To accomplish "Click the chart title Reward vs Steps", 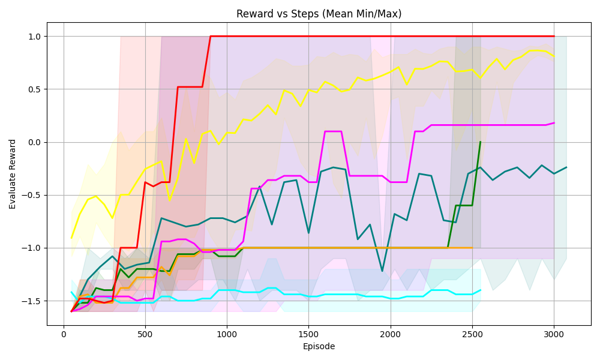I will tap(319, 14).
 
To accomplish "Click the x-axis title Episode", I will tap(319, 346).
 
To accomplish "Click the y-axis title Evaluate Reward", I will tap(13, 174).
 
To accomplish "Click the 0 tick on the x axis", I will tap(64, 334).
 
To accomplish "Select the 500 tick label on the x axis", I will tap(145, 334).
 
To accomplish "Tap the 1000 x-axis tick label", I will tap(227, 334).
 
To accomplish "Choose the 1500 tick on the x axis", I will tap(308, 334).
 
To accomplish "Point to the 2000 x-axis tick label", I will tap(391, 334).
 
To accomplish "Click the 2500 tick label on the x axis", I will tap(472, 334).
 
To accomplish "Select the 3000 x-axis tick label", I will tap(554, 334).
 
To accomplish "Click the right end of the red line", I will tap(554, 36).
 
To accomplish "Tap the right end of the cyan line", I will tap(480, 290).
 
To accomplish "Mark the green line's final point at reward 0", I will tap(480, 142).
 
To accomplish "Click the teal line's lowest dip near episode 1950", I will tap(382, 271).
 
